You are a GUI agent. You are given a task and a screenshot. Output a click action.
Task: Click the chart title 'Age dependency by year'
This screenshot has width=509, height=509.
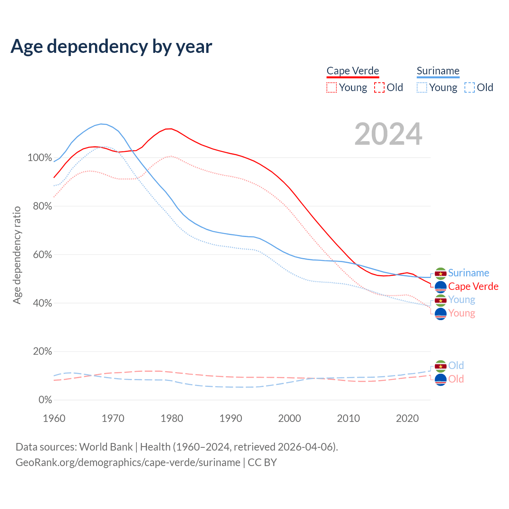111,47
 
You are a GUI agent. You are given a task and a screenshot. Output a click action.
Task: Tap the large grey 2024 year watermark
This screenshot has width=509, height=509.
388,134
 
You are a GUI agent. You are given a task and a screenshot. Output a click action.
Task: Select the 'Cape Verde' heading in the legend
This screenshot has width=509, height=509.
353,71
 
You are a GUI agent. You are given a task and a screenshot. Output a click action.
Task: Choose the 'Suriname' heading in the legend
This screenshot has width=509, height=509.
438,71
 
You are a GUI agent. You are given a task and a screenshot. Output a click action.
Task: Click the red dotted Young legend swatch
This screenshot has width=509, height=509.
331,87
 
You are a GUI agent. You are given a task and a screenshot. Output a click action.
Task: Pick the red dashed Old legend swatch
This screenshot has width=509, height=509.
379,87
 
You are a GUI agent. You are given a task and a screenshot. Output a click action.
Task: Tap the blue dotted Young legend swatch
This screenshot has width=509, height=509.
422,87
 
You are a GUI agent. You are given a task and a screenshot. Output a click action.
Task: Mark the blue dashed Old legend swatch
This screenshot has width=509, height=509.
470,87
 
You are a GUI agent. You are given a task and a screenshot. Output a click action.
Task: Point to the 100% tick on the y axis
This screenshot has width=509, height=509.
40,158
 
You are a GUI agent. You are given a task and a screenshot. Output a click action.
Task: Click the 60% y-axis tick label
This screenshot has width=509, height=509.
43,254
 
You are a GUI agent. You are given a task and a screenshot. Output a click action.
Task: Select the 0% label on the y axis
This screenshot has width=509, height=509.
45,400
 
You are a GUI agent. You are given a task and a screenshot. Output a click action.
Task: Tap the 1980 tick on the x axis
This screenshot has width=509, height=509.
172,418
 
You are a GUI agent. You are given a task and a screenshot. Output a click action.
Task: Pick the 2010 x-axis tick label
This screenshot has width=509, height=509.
348,418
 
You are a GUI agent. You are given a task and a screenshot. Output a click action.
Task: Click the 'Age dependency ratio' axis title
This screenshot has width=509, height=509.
17,255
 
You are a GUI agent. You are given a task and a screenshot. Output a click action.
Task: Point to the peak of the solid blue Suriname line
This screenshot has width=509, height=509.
101,124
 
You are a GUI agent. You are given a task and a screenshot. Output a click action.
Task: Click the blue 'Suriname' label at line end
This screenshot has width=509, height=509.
468,273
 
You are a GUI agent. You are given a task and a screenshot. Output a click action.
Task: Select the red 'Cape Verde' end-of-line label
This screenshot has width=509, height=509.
473,286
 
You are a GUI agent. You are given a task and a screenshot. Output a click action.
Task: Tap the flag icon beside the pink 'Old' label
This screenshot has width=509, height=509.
441,380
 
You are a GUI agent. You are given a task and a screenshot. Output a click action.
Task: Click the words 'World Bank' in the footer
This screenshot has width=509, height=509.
106,447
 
